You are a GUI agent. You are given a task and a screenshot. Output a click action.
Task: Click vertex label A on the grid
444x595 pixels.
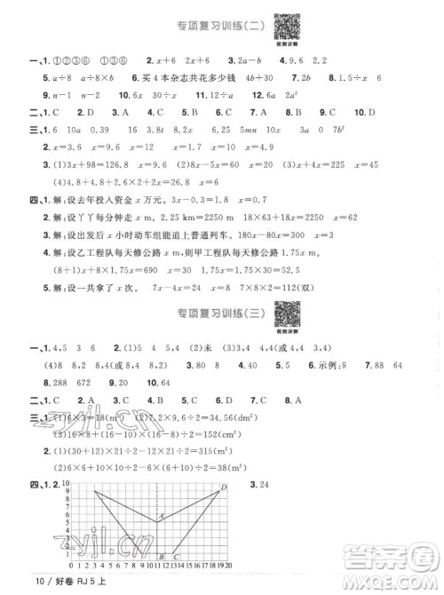tap(162, 515)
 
